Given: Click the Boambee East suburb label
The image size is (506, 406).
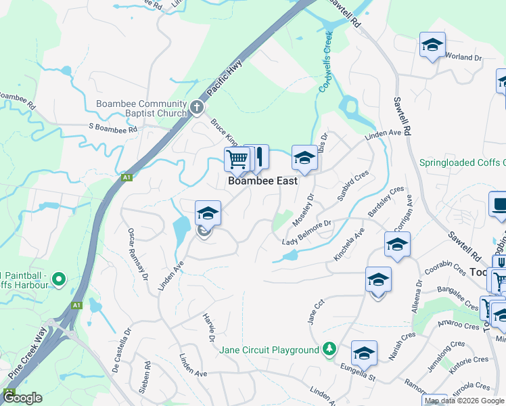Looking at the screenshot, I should click(x=262, y=181).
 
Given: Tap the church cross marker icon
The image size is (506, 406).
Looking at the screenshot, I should click(x=196, y=107).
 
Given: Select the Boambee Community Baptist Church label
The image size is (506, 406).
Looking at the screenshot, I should click(x=142, y=108).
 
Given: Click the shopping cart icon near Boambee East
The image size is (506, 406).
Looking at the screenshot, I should click(x=237, y=160).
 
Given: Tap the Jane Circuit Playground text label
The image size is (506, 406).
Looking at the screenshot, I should click(x=269, y=350).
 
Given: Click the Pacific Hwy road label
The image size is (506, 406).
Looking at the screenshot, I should click(x=225, y=78).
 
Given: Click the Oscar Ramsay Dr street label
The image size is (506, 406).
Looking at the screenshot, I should click(x=137, y=254).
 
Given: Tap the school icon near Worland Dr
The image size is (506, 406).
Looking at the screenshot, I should click(x=432, y=45).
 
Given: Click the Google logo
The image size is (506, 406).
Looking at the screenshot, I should click(x=22, y=399).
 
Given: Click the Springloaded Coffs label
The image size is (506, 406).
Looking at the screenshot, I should click(x=462, y=162).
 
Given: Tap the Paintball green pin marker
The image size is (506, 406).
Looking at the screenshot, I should click(x=58, y=278).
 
